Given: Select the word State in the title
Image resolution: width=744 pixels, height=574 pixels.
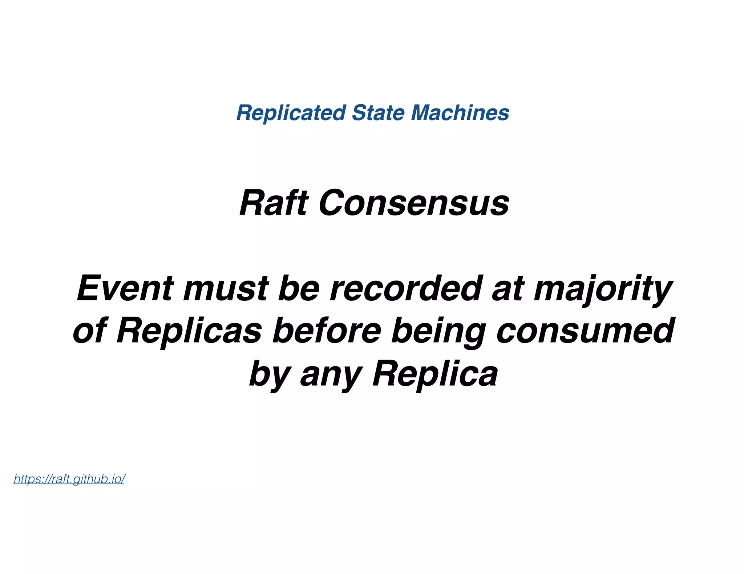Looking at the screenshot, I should click(378, 112).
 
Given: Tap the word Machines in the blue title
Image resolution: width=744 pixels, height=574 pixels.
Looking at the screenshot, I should click(460, 112).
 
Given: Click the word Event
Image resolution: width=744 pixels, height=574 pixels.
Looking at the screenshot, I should click(125, 288).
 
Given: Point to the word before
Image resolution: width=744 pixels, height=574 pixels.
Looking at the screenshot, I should click(327, 331).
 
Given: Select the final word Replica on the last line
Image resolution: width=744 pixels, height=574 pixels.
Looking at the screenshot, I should click(435, 374).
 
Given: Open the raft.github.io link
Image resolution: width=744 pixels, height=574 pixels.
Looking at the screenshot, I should click(69, 479).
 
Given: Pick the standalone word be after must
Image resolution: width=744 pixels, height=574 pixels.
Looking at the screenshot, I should click(299, 288).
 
